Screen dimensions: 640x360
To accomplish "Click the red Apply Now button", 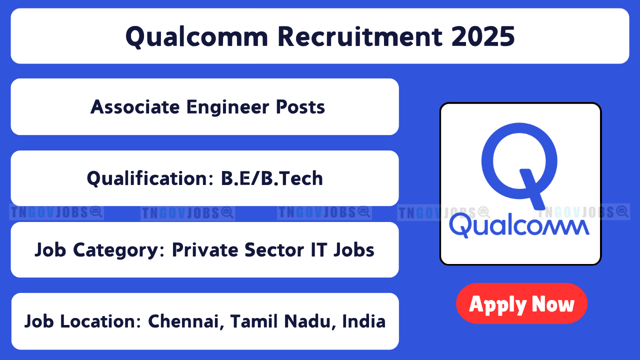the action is [x=521, y=303].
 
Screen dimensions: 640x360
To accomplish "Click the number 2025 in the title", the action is [x=483, y=36].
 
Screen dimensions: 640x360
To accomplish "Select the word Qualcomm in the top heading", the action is [x=197, y=37].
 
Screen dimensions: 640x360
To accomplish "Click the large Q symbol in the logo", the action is [x=519, y=165].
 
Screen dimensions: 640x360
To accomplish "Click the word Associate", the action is [x=135, y=107].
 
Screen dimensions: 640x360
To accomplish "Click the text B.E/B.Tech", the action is [x=271, y=178].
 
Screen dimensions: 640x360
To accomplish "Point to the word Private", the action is [x=205, y=250].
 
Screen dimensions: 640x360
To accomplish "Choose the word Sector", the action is [x=274, y=250].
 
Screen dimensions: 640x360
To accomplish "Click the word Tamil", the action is [x=254, y=321].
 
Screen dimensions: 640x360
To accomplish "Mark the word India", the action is [x=363, y=321].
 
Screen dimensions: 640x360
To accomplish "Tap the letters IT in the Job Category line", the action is [x=318, y=250].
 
